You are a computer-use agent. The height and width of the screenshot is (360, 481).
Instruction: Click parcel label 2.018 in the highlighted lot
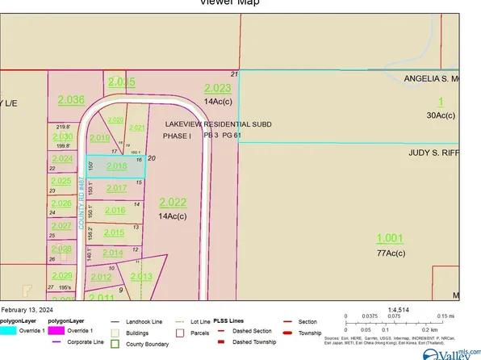[117, 166]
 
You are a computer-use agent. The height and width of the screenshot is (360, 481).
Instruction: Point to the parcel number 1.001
[389, 238]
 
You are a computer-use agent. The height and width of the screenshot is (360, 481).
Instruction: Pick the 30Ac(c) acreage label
[441, 115]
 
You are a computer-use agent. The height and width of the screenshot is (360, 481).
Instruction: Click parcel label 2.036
[71, 99]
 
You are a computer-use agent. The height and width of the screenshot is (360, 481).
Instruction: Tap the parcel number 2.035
[122, 82]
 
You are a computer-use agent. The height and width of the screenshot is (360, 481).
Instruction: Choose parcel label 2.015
[114, 232]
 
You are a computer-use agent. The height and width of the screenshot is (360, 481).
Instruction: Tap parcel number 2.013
[140, 277]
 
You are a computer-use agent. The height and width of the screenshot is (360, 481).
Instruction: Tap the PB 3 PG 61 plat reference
[223, 136]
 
